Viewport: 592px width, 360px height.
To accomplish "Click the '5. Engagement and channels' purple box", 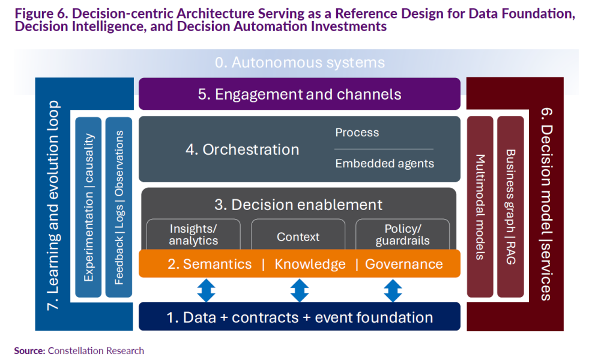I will point(299,94).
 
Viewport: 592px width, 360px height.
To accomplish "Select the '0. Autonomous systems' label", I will point(299,62).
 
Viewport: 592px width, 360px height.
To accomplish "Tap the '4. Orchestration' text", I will point(242,149).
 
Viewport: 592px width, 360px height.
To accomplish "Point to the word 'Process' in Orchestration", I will point(357,133).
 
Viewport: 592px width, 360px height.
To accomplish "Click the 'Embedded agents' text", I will point(384,163).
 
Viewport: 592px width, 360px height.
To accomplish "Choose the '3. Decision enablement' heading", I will point(298,205).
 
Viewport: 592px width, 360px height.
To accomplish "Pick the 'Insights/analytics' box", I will point(193,235).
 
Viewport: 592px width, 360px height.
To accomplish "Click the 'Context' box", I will point(298,236).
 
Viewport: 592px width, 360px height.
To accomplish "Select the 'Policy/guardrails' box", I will point(402,235).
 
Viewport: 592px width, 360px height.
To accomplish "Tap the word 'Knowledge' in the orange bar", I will point(310,264).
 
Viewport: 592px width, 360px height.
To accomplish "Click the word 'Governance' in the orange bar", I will point(403,264).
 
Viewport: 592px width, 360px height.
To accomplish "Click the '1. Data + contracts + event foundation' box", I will point(299,317).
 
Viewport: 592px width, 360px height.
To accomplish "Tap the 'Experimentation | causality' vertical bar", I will point(89,207).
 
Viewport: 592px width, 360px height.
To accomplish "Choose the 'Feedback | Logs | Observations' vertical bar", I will point(119,207).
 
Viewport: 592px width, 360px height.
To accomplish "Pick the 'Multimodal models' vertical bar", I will point(480,207).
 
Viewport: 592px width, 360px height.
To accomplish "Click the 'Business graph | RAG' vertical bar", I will point(510,207).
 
